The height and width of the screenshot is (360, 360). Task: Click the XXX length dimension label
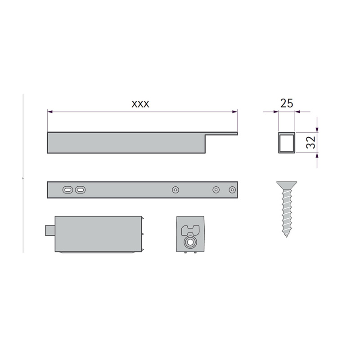140,104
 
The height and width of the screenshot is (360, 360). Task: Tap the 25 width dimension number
287,103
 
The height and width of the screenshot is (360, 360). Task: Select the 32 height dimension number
311,142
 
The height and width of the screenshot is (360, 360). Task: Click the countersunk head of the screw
287,185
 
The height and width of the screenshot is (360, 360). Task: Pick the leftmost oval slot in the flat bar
68,190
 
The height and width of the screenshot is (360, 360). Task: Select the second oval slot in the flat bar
81,190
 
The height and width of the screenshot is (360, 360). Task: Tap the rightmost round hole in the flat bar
232,190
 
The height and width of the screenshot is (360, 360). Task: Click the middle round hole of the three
216,190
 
